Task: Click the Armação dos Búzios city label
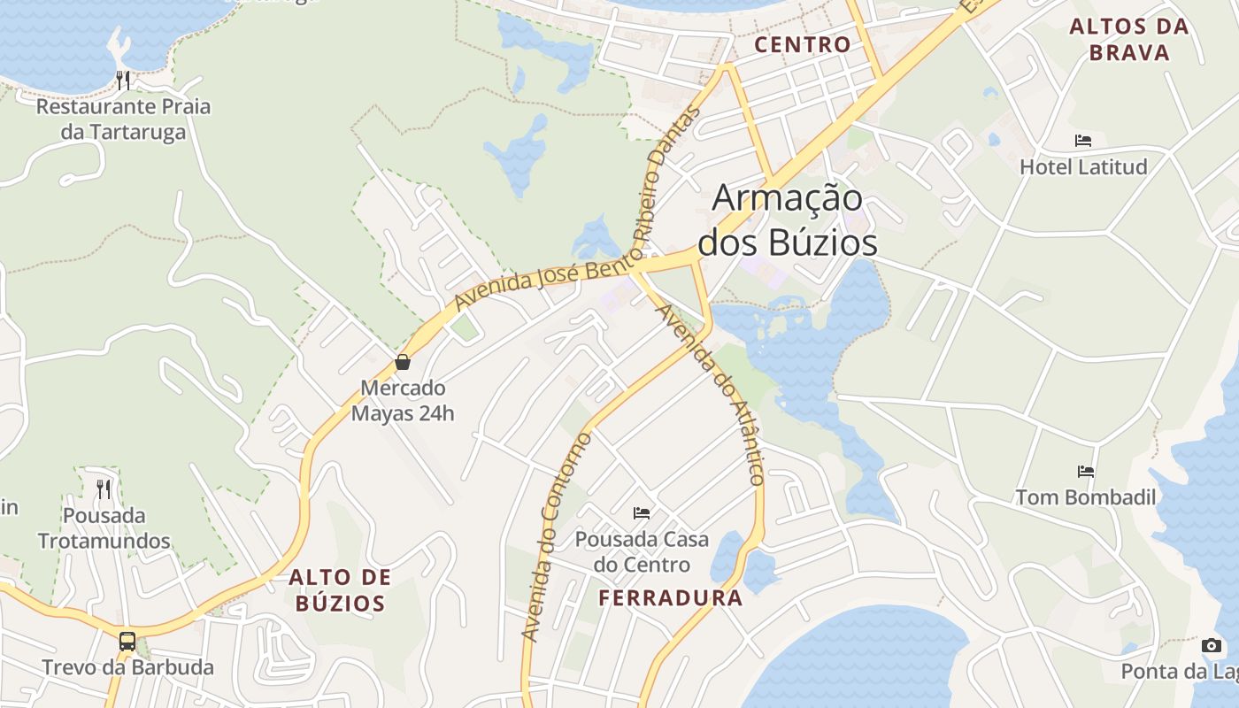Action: coord(788,219)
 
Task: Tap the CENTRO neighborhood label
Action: coord(803,44)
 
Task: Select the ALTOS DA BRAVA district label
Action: coord(1128,40)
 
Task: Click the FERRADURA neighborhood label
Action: coord(671,598)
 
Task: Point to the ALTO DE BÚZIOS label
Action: coord(341,590)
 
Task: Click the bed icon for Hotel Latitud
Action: coord(1082,141)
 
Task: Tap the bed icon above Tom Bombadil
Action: coord(1085,472)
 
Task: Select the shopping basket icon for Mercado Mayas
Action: coord(403,362)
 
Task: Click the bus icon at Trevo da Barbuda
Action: coord(127,641)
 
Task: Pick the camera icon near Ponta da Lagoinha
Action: coord(1212,645)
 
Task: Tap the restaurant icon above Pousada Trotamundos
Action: coord(104,489)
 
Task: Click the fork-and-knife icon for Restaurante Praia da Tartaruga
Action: coord(123,81)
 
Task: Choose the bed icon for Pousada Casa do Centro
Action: coord(642,512)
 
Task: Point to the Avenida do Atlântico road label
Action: coord(712,395)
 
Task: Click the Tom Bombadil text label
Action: coord(1085,497)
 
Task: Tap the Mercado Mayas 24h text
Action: coord(403,400)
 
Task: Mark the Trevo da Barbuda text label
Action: coord(127,667)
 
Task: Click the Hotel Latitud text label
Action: coord(1083,166)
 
